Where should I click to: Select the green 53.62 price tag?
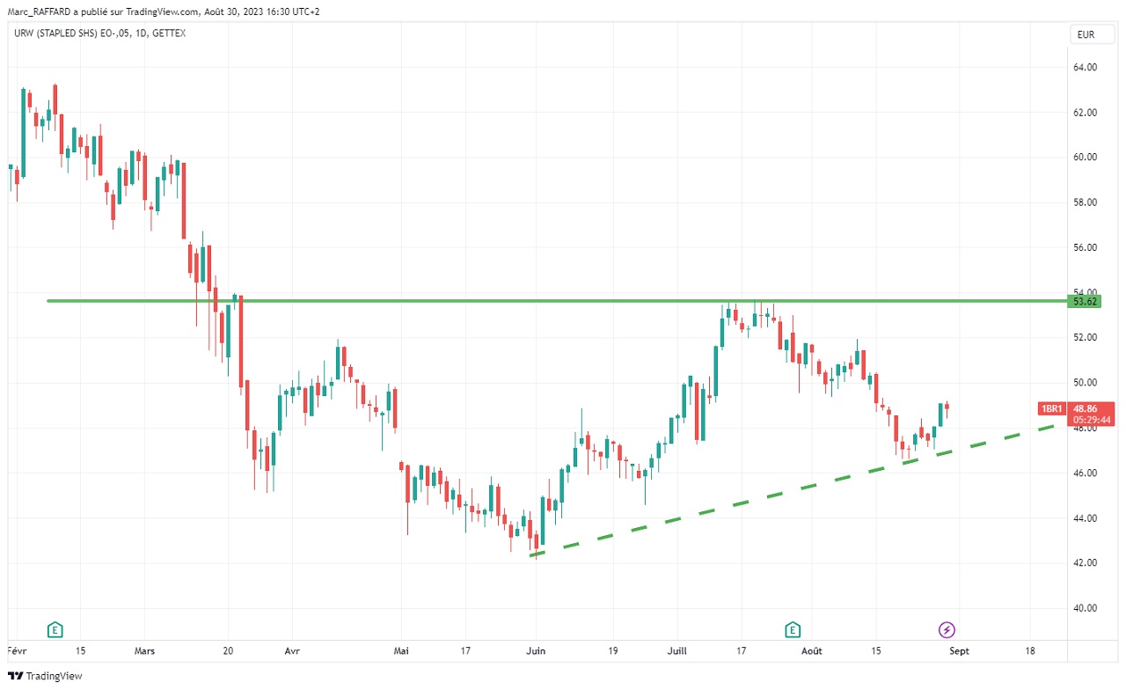[1085, 302]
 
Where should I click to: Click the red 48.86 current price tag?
[1085, 408]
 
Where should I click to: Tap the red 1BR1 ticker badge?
[1052, 408]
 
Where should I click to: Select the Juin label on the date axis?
[535, 651]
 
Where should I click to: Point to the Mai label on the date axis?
[400, 651]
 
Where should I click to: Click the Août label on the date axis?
[812, 651]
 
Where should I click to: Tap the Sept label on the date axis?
[959, 651]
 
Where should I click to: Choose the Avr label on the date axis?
[292, 651]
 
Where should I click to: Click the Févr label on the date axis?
[16, 651]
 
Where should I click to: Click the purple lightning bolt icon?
[947, 629]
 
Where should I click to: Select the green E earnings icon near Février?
[55, 629]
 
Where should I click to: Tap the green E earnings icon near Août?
[793, 629]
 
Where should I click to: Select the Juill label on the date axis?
[677, 651]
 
